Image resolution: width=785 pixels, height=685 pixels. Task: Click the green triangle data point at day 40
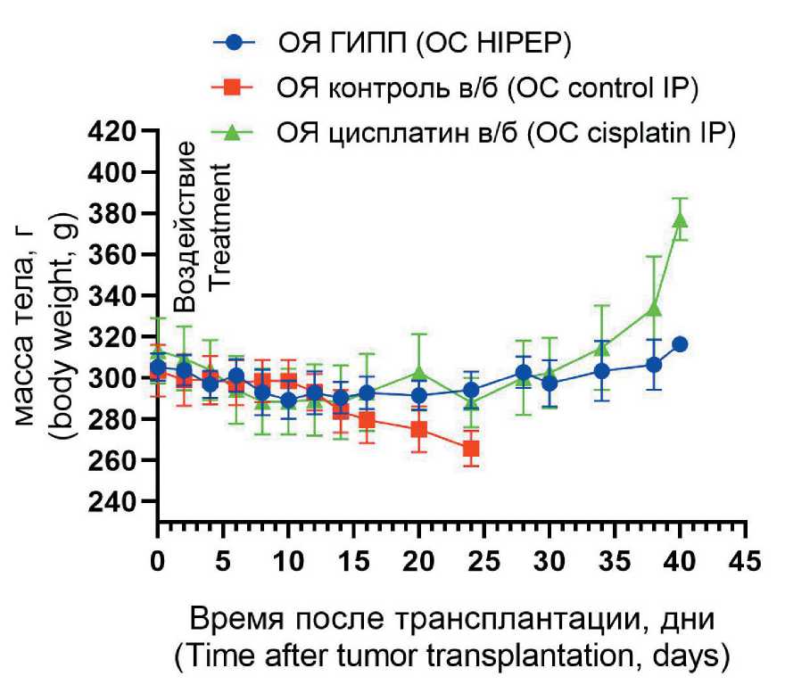tap(681, 219)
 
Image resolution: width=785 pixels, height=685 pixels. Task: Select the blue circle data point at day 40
tap(681, 344)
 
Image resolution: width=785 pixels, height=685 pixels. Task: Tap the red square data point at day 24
tap(471, 448)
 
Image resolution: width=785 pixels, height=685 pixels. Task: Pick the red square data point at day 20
tap(418, 430)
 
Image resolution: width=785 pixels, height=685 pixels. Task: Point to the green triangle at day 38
tap(654, 308)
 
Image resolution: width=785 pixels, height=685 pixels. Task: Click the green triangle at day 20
tap(418, 372)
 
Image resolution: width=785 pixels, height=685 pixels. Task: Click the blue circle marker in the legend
tap(234, 42)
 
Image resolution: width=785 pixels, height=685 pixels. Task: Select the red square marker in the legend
tap(234, 87)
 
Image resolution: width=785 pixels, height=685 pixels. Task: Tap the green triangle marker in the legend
tap(234, 133)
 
